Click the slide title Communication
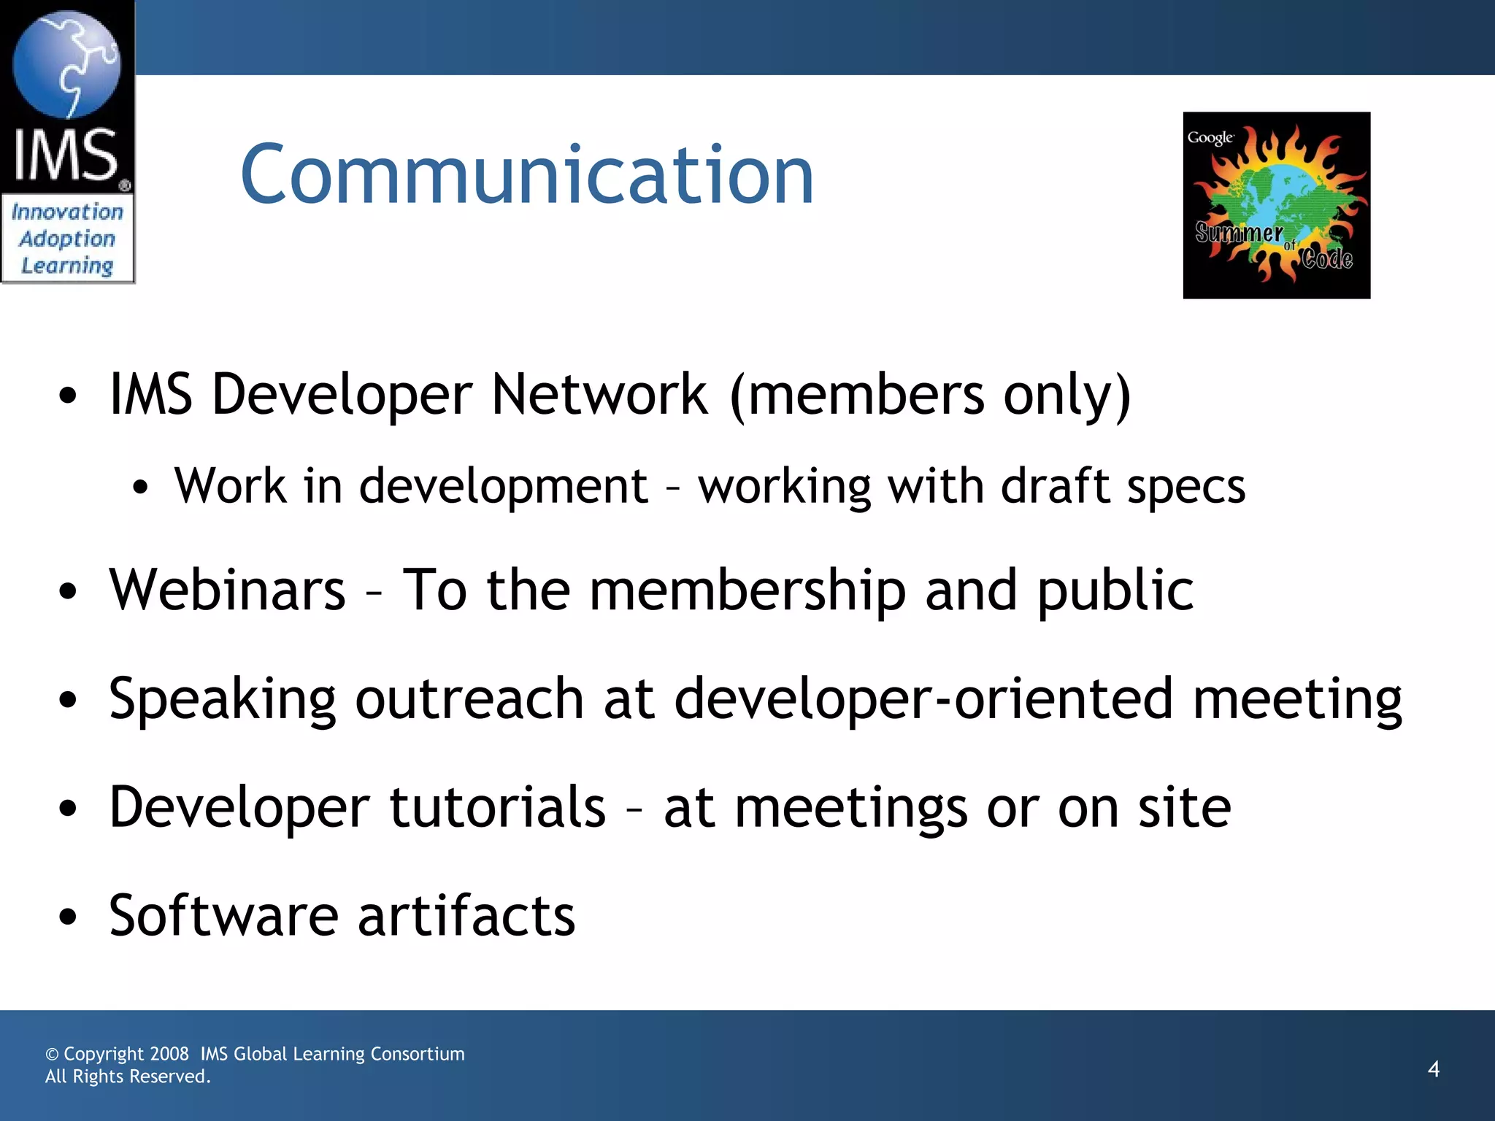pos(526,175)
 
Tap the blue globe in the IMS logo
pos(66,64)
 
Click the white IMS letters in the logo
pos(66,155)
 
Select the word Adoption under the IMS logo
pos(67,239)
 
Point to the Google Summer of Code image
pos(1276,205)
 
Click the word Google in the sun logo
pos(1210,138)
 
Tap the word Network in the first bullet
pos(599,395)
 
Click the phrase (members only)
pos(931,395)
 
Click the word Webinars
pos(227,590)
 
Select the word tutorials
pos(497,807)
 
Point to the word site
pos(1184,807)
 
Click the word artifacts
pos(466,916)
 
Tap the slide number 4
pos(1434,1069)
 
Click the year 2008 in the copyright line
pos(169,1054)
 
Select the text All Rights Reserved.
pos(128,1076)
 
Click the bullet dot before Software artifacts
pos(68,917)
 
